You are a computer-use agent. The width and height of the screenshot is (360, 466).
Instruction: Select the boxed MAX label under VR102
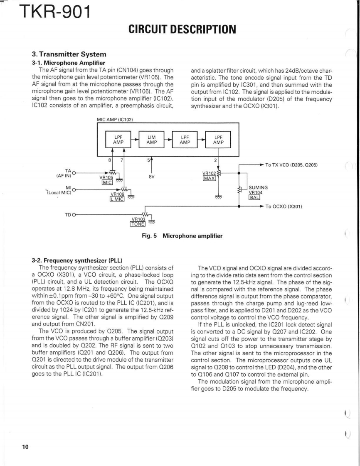coord(209,178)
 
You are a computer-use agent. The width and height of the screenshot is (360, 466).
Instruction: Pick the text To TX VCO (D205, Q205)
coord(291,165)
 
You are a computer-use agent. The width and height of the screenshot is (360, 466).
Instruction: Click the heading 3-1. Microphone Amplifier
coord(64,62)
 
